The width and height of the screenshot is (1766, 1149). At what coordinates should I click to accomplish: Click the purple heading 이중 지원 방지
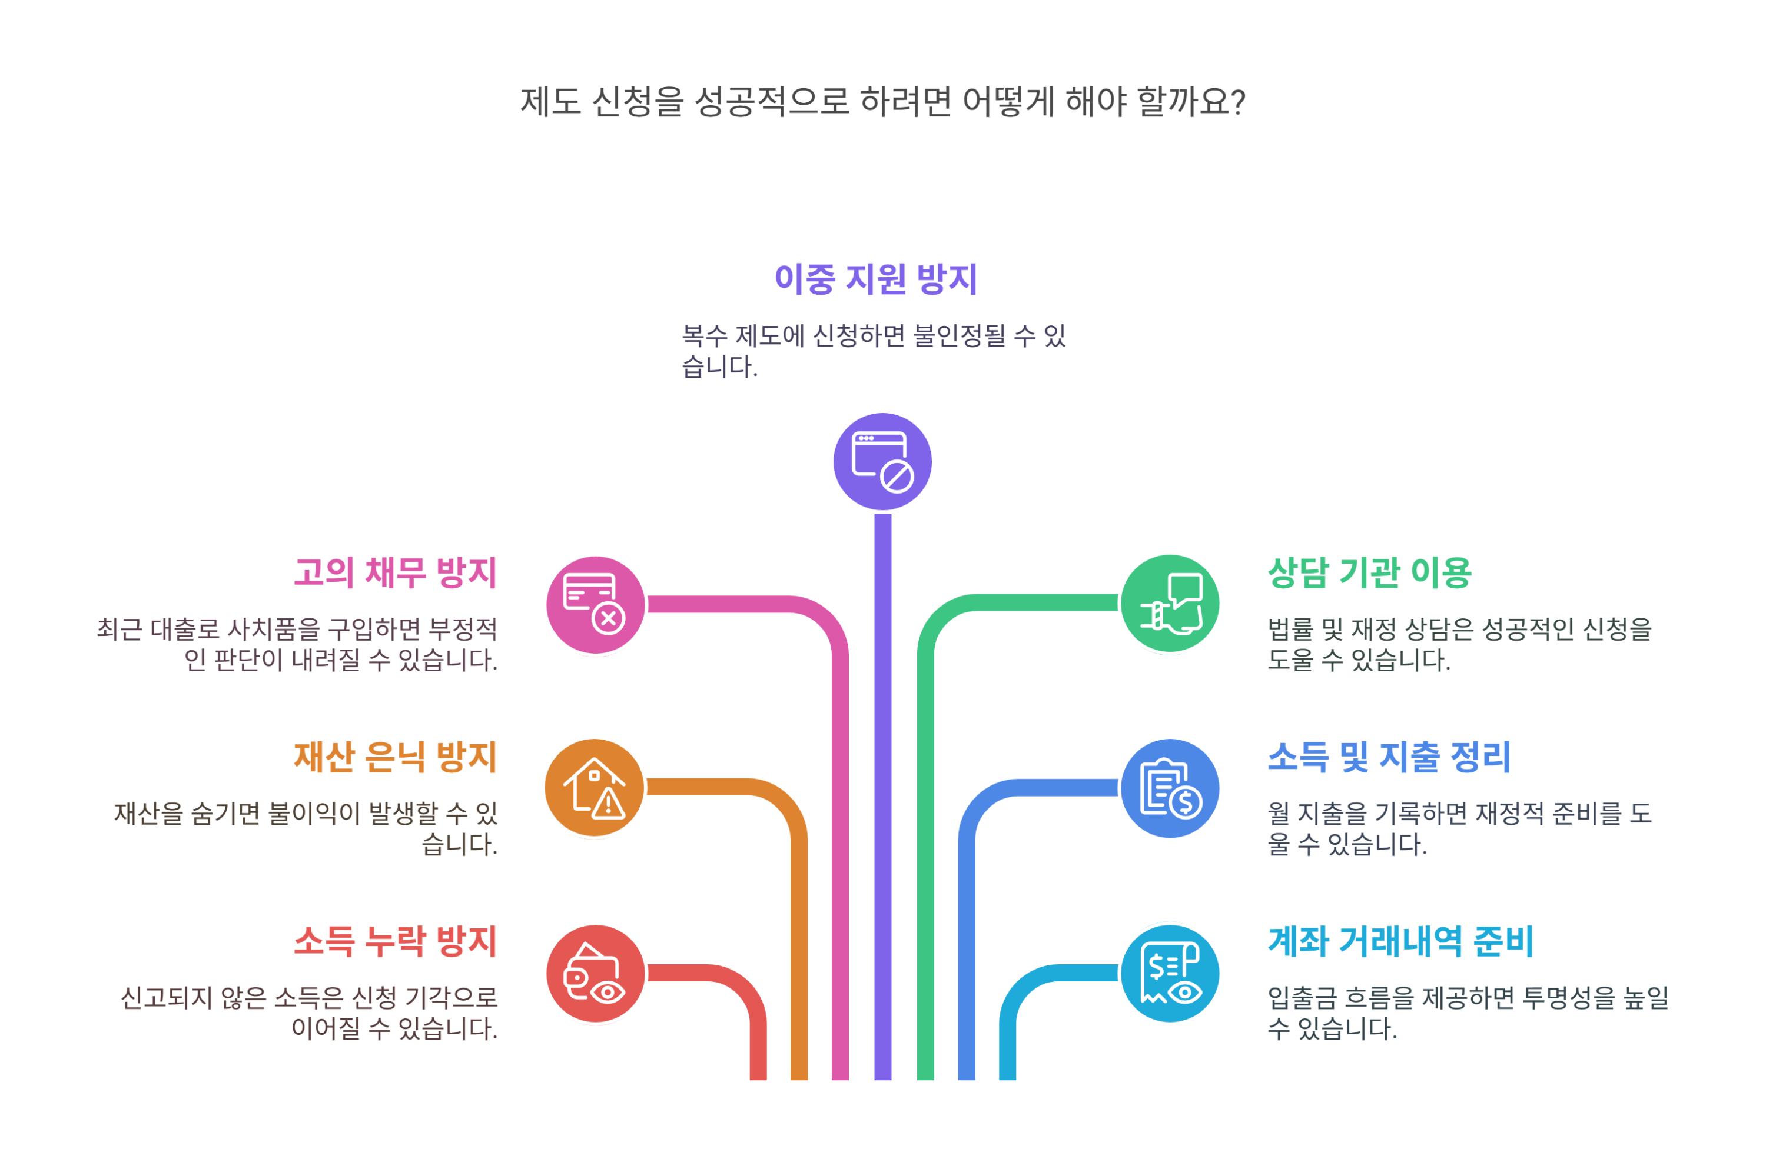[x=875, y=279]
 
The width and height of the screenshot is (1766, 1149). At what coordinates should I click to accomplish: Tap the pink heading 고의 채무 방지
[x=395, y=572]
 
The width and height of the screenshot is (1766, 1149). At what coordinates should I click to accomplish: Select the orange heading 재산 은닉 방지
[x=395, y=757]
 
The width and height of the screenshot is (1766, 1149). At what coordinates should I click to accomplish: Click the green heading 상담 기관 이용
[x=1369, y=572]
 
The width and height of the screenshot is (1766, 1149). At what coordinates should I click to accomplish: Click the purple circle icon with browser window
[x=882, y=461]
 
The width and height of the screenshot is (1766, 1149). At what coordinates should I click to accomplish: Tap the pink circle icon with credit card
[x=595, y=605]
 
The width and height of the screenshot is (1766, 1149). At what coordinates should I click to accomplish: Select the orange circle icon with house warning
[x=595, y=788]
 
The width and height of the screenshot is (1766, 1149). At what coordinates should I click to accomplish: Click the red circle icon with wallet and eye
[x=595, y=973]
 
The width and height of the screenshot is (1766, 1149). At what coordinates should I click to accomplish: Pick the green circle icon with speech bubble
[x=1170, y=603]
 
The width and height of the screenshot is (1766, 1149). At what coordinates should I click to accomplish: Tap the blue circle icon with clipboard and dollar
[x=1170, y=788]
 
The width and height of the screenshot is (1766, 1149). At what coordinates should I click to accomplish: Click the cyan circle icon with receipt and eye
[x=1170, y=973]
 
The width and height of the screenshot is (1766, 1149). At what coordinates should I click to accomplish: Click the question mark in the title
[x=1237, y=102]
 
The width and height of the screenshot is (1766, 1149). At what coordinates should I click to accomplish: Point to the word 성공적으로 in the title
[x=772, y=102]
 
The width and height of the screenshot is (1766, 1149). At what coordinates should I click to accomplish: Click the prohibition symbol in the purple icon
[x=897, y=477]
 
